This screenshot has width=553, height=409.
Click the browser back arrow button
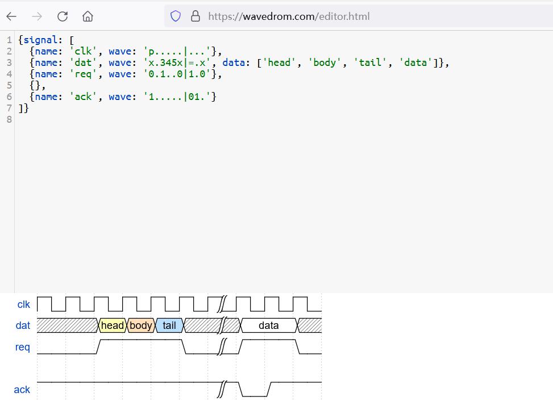pos(11,16)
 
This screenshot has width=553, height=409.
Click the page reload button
pos(63,16)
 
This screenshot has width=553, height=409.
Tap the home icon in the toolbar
pos(88,16)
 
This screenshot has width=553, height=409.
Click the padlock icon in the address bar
pos(196,16)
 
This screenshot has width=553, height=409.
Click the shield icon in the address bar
pos(176,16)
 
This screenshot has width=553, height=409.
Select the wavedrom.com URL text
pos(289,16)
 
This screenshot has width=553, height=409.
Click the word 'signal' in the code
pos(40,40)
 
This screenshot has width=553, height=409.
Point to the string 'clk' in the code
pos(83,51)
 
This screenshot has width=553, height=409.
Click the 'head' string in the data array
pos(279,62)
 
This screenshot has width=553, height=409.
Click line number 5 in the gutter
pos(9,85)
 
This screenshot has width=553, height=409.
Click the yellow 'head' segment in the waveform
pos(113,325)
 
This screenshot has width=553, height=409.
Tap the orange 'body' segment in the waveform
pos(141,325)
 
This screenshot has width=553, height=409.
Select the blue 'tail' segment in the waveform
pos(169,325)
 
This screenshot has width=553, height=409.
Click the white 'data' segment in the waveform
pos(269,325)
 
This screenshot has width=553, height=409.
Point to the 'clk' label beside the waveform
pos(24,304)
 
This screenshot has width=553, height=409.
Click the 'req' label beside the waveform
pos(23,347)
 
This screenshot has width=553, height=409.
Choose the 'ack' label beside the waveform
pos(22,390)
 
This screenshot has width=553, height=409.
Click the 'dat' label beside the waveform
pos(23,325)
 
